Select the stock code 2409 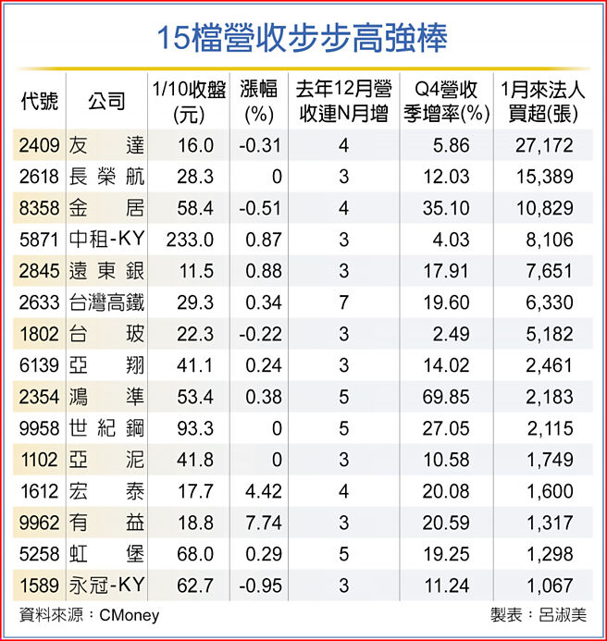point(38,145)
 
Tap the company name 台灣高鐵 point(107,302)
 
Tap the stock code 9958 point(38,428)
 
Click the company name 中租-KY point(107,240)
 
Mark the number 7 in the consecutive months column point(343,302)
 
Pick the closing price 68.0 point(195,554)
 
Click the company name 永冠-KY point(107,586)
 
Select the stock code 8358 point(38,208)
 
